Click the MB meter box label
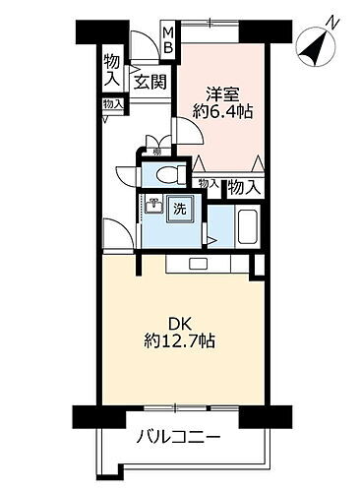(168, 40)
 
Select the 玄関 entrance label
(150, 82)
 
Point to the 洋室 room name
(222, 95)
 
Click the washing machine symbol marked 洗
(180, 208)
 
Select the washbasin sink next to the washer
(153, 206)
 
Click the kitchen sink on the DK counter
(195, 264)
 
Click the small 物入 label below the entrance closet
(113, 103)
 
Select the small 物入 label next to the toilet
(208, 182)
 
